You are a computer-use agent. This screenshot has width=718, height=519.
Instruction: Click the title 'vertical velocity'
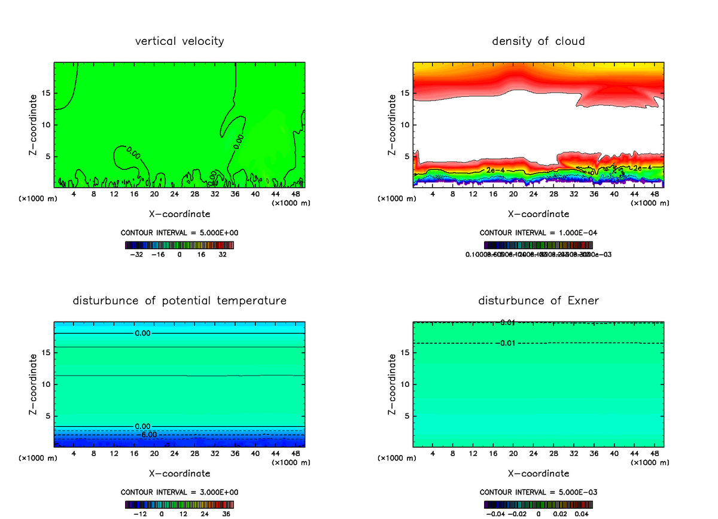[x=180, y=41]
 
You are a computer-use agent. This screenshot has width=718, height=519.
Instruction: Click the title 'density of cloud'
[x=538, y=41]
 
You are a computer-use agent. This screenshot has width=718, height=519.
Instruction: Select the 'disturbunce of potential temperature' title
[x=180, y=300]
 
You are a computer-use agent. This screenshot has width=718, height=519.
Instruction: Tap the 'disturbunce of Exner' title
[x=538, y=300]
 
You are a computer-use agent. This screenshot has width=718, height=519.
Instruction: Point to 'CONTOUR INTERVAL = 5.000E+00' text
[x=180, y=233]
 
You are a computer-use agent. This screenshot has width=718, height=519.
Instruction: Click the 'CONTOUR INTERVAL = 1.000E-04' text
[x=538, y=233]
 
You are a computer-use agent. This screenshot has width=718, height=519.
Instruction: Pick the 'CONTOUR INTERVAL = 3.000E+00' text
[x=180, y=492]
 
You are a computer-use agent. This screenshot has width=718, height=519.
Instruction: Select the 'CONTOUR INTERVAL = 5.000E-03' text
[x=538, y=492]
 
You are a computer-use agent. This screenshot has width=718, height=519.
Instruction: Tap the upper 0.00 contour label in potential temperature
[x=142, y=333]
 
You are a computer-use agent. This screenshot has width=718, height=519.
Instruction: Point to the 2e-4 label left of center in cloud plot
[x=494, y=170]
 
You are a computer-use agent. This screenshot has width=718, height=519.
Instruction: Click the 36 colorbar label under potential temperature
[x=227, y=513]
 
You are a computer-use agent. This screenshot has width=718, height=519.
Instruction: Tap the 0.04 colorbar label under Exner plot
[x=583, y=513]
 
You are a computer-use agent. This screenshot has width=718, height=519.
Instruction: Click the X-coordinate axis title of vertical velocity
[x=180, y=213]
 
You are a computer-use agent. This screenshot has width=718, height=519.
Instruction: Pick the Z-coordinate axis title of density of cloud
[x=393, y=125]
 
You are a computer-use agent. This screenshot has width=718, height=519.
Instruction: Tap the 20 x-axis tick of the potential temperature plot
[x=154, y=454]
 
